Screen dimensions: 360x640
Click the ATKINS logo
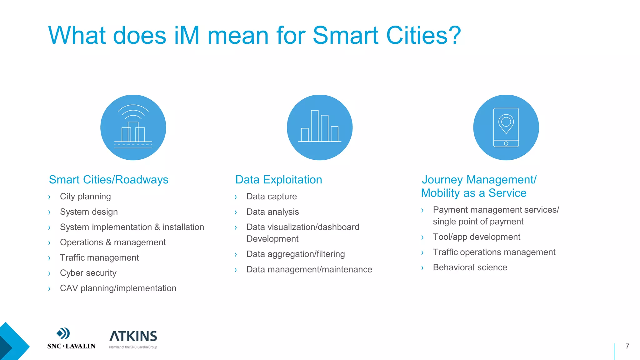point(133,339)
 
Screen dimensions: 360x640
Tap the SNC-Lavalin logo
point(71,339)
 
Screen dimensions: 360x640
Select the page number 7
point(627,346)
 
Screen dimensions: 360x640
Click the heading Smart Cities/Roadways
point(108,180)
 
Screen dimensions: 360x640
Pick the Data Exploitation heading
point(278,180)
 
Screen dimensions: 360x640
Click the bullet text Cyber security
point(88,273)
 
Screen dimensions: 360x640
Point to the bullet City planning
point(85,196)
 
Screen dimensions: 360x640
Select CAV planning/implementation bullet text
point(118,288)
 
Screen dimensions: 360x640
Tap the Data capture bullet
point(272,196)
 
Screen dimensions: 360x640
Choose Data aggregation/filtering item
point(296,254)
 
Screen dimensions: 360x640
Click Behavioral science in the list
point(470,267)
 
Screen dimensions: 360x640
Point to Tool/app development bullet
point(477,237)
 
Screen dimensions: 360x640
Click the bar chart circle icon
point(320,127)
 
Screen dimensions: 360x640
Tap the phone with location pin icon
point(506,127)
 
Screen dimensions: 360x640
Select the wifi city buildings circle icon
point(133,127)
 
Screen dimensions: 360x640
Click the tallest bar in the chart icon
point(315,126)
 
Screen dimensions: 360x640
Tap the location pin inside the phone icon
point(506,123)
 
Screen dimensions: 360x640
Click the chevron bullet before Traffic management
point(49,258)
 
